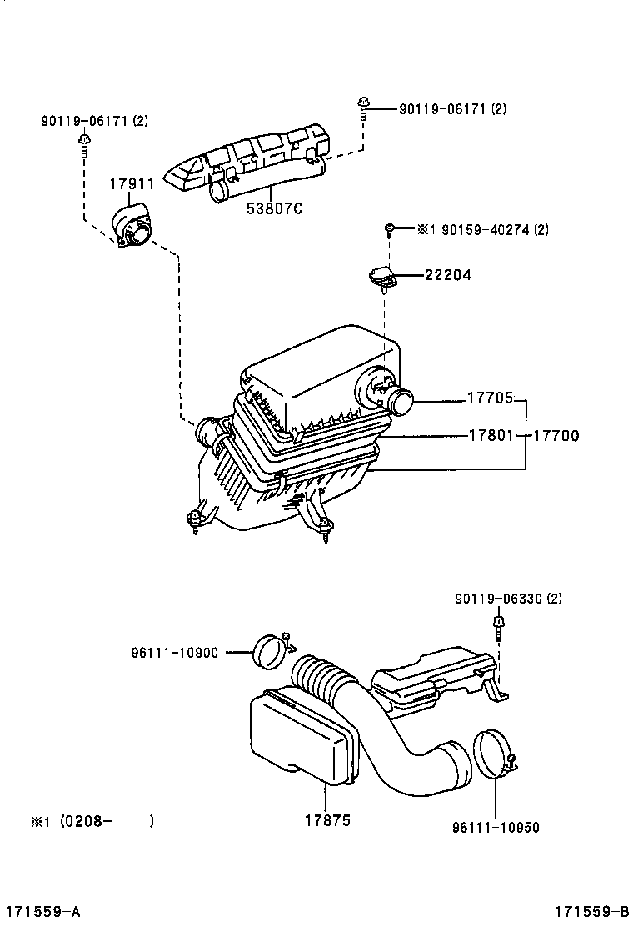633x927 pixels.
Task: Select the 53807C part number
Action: pyautogui.click(x=272, y=208)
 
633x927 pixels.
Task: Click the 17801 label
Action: pyautogui.click(x=490, y=435)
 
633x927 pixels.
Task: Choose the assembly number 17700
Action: pyautogui.click(x=556, y=435)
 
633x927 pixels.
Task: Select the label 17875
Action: pyautogui.click(x=323, y=820)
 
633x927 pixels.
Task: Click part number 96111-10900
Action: pyautogui.click(x=174, y=652)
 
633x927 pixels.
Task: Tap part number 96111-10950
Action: pyautogui.click(x=496, y=828)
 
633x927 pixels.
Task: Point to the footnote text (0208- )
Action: pyautogui.click(x=92, y=821)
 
